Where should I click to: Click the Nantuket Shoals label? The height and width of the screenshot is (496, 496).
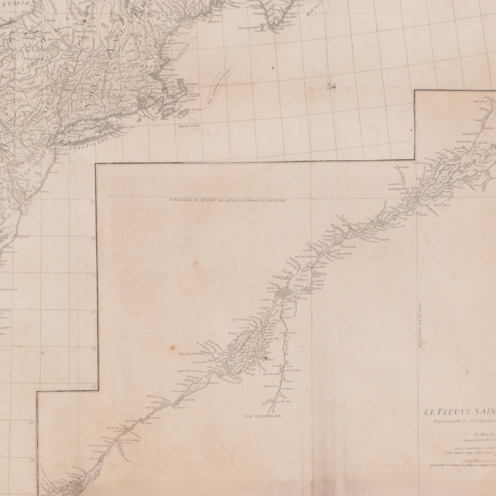point(189,126)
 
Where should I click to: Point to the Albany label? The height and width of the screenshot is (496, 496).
point(72,58)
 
